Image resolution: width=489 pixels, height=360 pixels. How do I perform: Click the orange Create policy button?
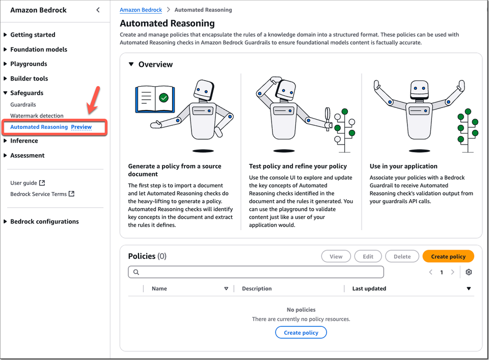click(448, 257)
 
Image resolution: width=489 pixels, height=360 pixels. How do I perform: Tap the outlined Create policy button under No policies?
click(301, 333)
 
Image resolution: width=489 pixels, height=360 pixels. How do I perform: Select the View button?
click(336, 257)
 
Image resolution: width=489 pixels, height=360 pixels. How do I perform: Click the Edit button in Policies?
click(368, 257)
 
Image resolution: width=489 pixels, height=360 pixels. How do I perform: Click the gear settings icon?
click(469, 272)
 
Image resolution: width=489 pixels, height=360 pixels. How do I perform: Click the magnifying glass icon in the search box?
click(136, 272)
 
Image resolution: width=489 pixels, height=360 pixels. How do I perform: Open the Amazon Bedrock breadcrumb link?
click(141, 10)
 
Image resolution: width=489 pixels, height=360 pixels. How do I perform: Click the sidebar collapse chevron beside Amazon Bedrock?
click(98, 10)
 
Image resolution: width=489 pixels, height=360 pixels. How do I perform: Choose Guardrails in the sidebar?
click(23, 104)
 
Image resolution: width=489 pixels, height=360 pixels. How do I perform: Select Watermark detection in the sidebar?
click(37, 116)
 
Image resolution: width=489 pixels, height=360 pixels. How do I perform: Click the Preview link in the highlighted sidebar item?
click(81, 127)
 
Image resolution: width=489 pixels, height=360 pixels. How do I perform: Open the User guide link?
click(24, 183)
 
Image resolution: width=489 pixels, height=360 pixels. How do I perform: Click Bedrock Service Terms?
click(39, 194)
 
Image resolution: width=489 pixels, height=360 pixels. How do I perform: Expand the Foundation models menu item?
click(38, 49)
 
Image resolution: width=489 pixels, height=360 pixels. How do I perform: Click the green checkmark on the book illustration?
click(164, 97)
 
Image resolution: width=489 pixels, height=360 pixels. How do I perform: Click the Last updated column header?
click(369, 289)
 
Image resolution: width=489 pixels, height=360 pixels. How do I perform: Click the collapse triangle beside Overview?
click(131, 65)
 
